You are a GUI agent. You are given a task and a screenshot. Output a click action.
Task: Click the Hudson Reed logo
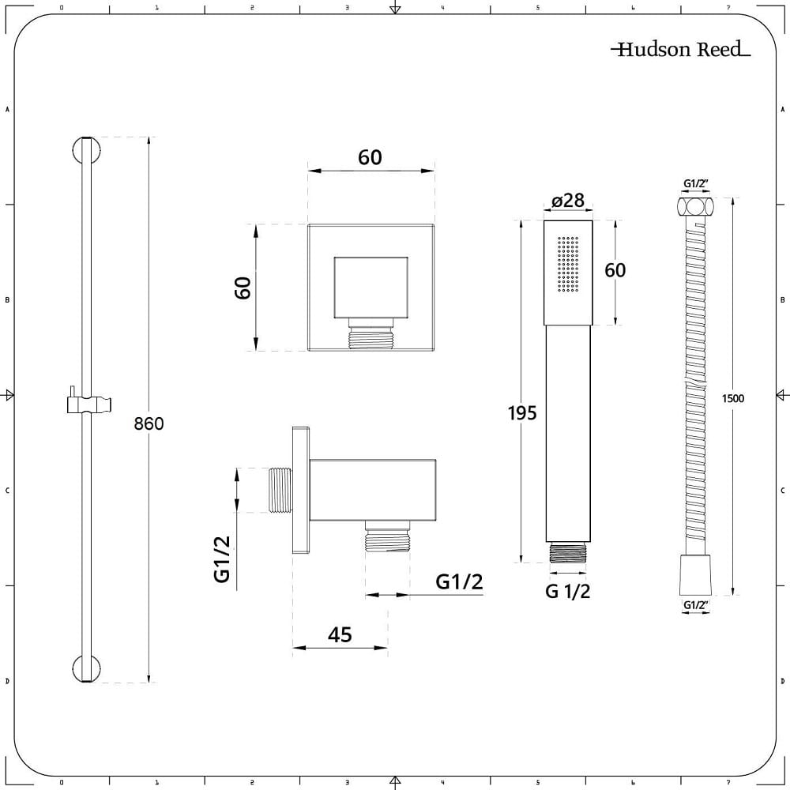pos(680,49)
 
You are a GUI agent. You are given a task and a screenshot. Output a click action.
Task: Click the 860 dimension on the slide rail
pos(149,423)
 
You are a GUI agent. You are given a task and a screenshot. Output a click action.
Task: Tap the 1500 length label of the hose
pos(732,398)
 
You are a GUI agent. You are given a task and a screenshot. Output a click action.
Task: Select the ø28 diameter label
pos(568,201)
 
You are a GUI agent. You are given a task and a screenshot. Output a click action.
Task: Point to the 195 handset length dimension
pos(522,413)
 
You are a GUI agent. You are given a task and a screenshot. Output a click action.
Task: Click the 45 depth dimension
pos(340,635)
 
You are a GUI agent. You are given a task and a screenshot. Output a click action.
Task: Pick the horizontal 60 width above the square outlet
pos(370,157)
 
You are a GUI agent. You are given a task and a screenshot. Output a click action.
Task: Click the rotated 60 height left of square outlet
pos(243,288)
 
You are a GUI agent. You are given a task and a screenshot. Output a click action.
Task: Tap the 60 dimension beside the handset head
pos(615,270)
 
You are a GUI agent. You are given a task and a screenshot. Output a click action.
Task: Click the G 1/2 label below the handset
pos(567,591)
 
